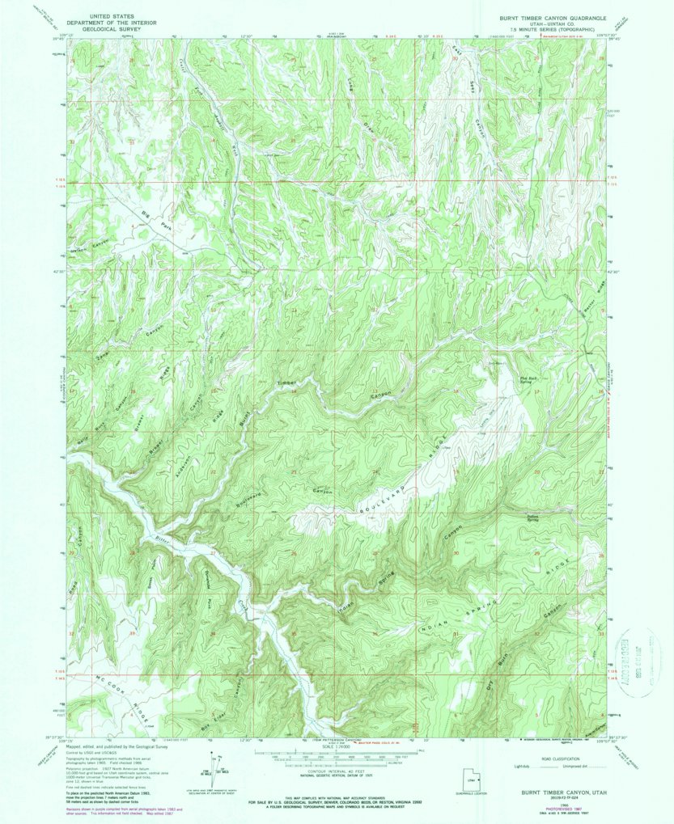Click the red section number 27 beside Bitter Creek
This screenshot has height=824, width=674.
tap(212, 554)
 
